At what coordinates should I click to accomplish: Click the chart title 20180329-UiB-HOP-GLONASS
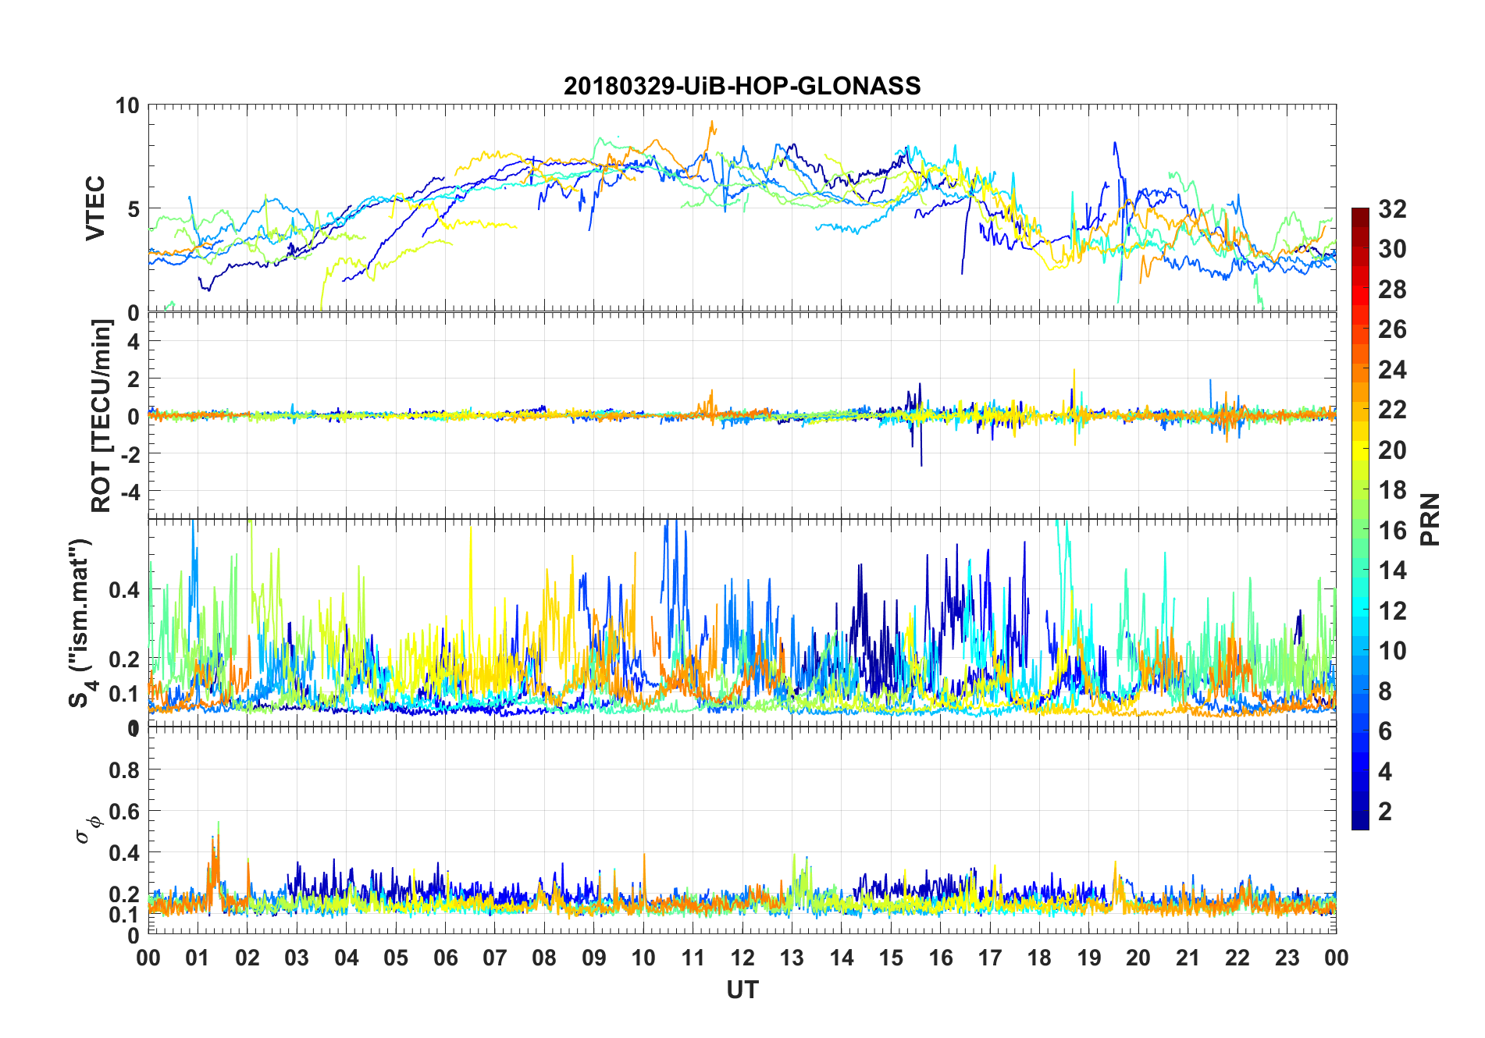742,85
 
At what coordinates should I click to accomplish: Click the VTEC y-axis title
95,208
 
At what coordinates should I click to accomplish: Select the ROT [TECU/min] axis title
101,415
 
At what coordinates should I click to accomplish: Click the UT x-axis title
742,990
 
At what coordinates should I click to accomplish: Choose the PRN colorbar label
1430,519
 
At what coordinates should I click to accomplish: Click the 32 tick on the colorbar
1392,208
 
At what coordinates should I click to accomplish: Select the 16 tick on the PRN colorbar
1392,531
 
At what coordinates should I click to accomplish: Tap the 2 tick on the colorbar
1385,812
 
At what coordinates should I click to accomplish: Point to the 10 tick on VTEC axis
127,105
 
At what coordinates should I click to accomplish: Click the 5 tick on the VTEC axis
133,209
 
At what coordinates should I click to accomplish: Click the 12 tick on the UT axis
742,958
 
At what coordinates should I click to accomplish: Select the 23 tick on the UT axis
1287,958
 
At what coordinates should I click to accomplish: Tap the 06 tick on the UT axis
445,958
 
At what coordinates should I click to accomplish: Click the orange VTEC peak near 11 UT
711,123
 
